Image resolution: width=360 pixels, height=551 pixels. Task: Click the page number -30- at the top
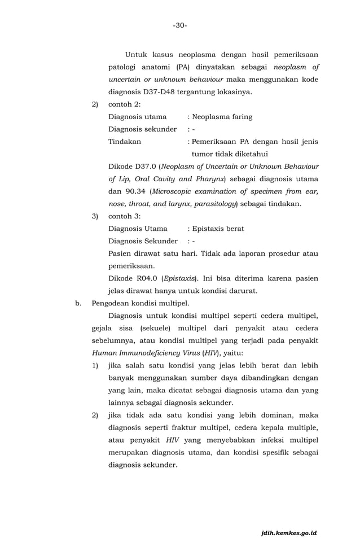click(x=180, y=25)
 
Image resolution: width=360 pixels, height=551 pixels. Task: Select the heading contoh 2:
click(x=124, y=104)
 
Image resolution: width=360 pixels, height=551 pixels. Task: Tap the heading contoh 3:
click(x=124, y=216)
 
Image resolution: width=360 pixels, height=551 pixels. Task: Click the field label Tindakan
click(x=125, y=142)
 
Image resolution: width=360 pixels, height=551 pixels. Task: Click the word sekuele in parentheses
click(x=153, y=328)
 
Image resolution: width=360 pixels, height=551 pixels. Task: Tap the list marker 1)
click(x=95, y=365)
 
